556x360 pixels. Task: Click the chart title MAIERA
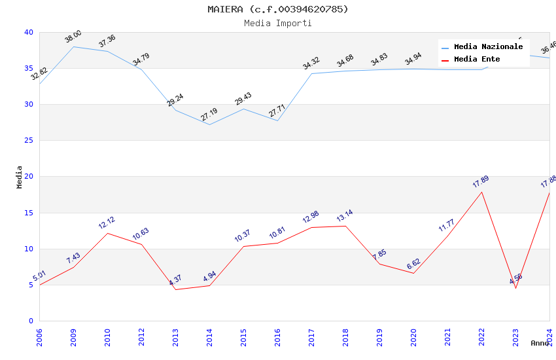[278, 9]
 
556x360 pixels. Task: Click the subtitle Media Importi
[278, 23]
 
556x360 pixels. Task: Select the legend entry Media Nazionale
[488, 47]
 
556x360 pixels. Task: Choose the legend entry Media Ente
[477, 60]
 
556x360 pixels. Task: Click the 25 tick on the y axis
[29, 141]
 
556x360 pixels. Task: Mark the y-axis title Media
[20, 177]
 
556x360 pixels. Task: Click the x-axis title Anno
[540, 343]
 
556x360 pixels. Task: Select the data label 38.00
[73, 37]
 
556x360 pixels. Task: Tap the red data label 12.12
[107, 223]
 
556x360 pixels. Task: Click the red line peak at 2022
[481, 192]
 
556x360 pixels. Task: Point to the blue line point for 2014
[209, 124]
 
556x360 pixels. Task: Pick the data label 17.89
[481, 181]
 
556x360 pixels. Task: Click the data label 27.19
[209, 115]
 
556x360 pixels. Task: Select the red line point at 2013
[175, 289]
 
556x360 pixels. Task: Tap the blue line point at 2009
[73, 46]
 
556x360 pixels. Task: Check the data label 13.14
[345, 215]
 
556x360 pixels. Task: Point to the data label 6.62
[413, 264]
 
